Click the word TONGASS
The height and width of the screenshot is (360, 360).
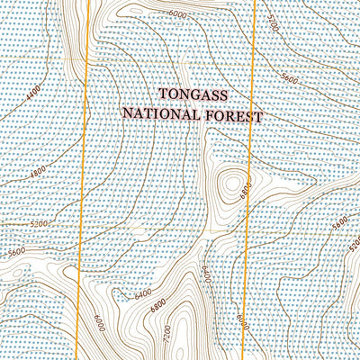tap(193, 94)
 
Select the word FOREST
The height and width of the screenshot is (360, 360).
tap(237, 116)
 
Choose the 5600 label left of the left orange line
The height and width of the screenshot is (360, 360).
tap(17, 253)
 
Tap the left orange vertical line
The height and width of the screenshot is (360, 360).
tap(83, 180)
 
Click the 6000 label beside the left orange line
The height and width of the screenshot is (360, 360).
tap(97, 322)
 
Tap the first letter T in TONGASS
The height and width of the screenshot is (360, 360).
tap(164, 94)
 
